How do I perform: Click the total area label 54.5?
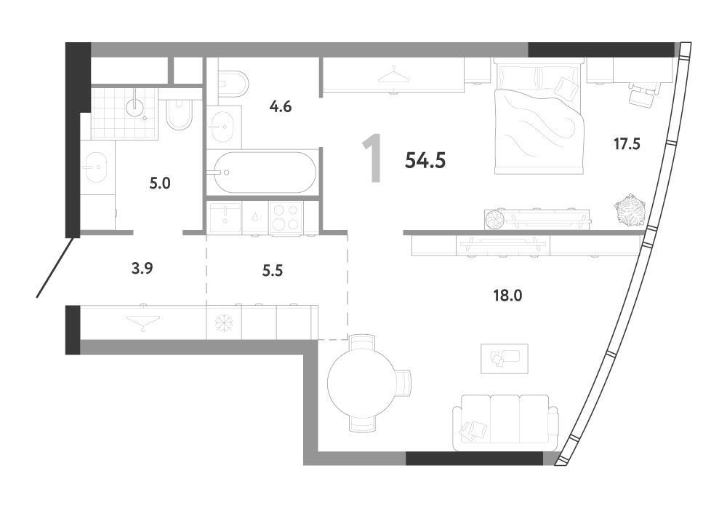click(x=425, y=161)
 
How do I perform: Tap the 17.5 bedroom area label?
click(x=627, y=144)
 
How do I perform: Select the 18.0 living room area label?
click(x=507, y=296)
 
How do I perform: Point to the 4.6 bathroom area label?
click(x=281, y=107)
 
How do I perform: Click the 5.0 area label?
click(x=160, y=183)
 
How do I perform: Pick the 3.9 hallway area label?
click(x=142, y=269)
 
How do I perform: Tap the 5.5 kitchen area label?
click(x=272, y=270)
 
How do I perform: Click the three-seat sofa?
click(x=505, y=422)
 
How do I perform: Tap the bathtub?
click(x=262, y=173)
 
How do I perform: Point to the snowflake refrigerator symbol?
click(x=223, y=322)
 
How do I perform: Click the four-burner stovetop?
click(x=286, y=218)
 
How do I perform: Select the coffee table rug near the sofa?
click(x=505, y=358)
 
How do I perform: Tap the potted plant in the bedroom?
click(x=630, y=210)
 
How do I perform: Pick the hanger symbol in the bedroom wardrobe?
click(x=393, y=74)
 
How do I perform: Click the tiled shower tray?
click(x=124, y=114)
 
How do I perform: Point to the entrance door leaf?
click(x=55, y=267)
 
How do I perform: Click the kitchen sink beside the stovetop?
click(x=225, y=218)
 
